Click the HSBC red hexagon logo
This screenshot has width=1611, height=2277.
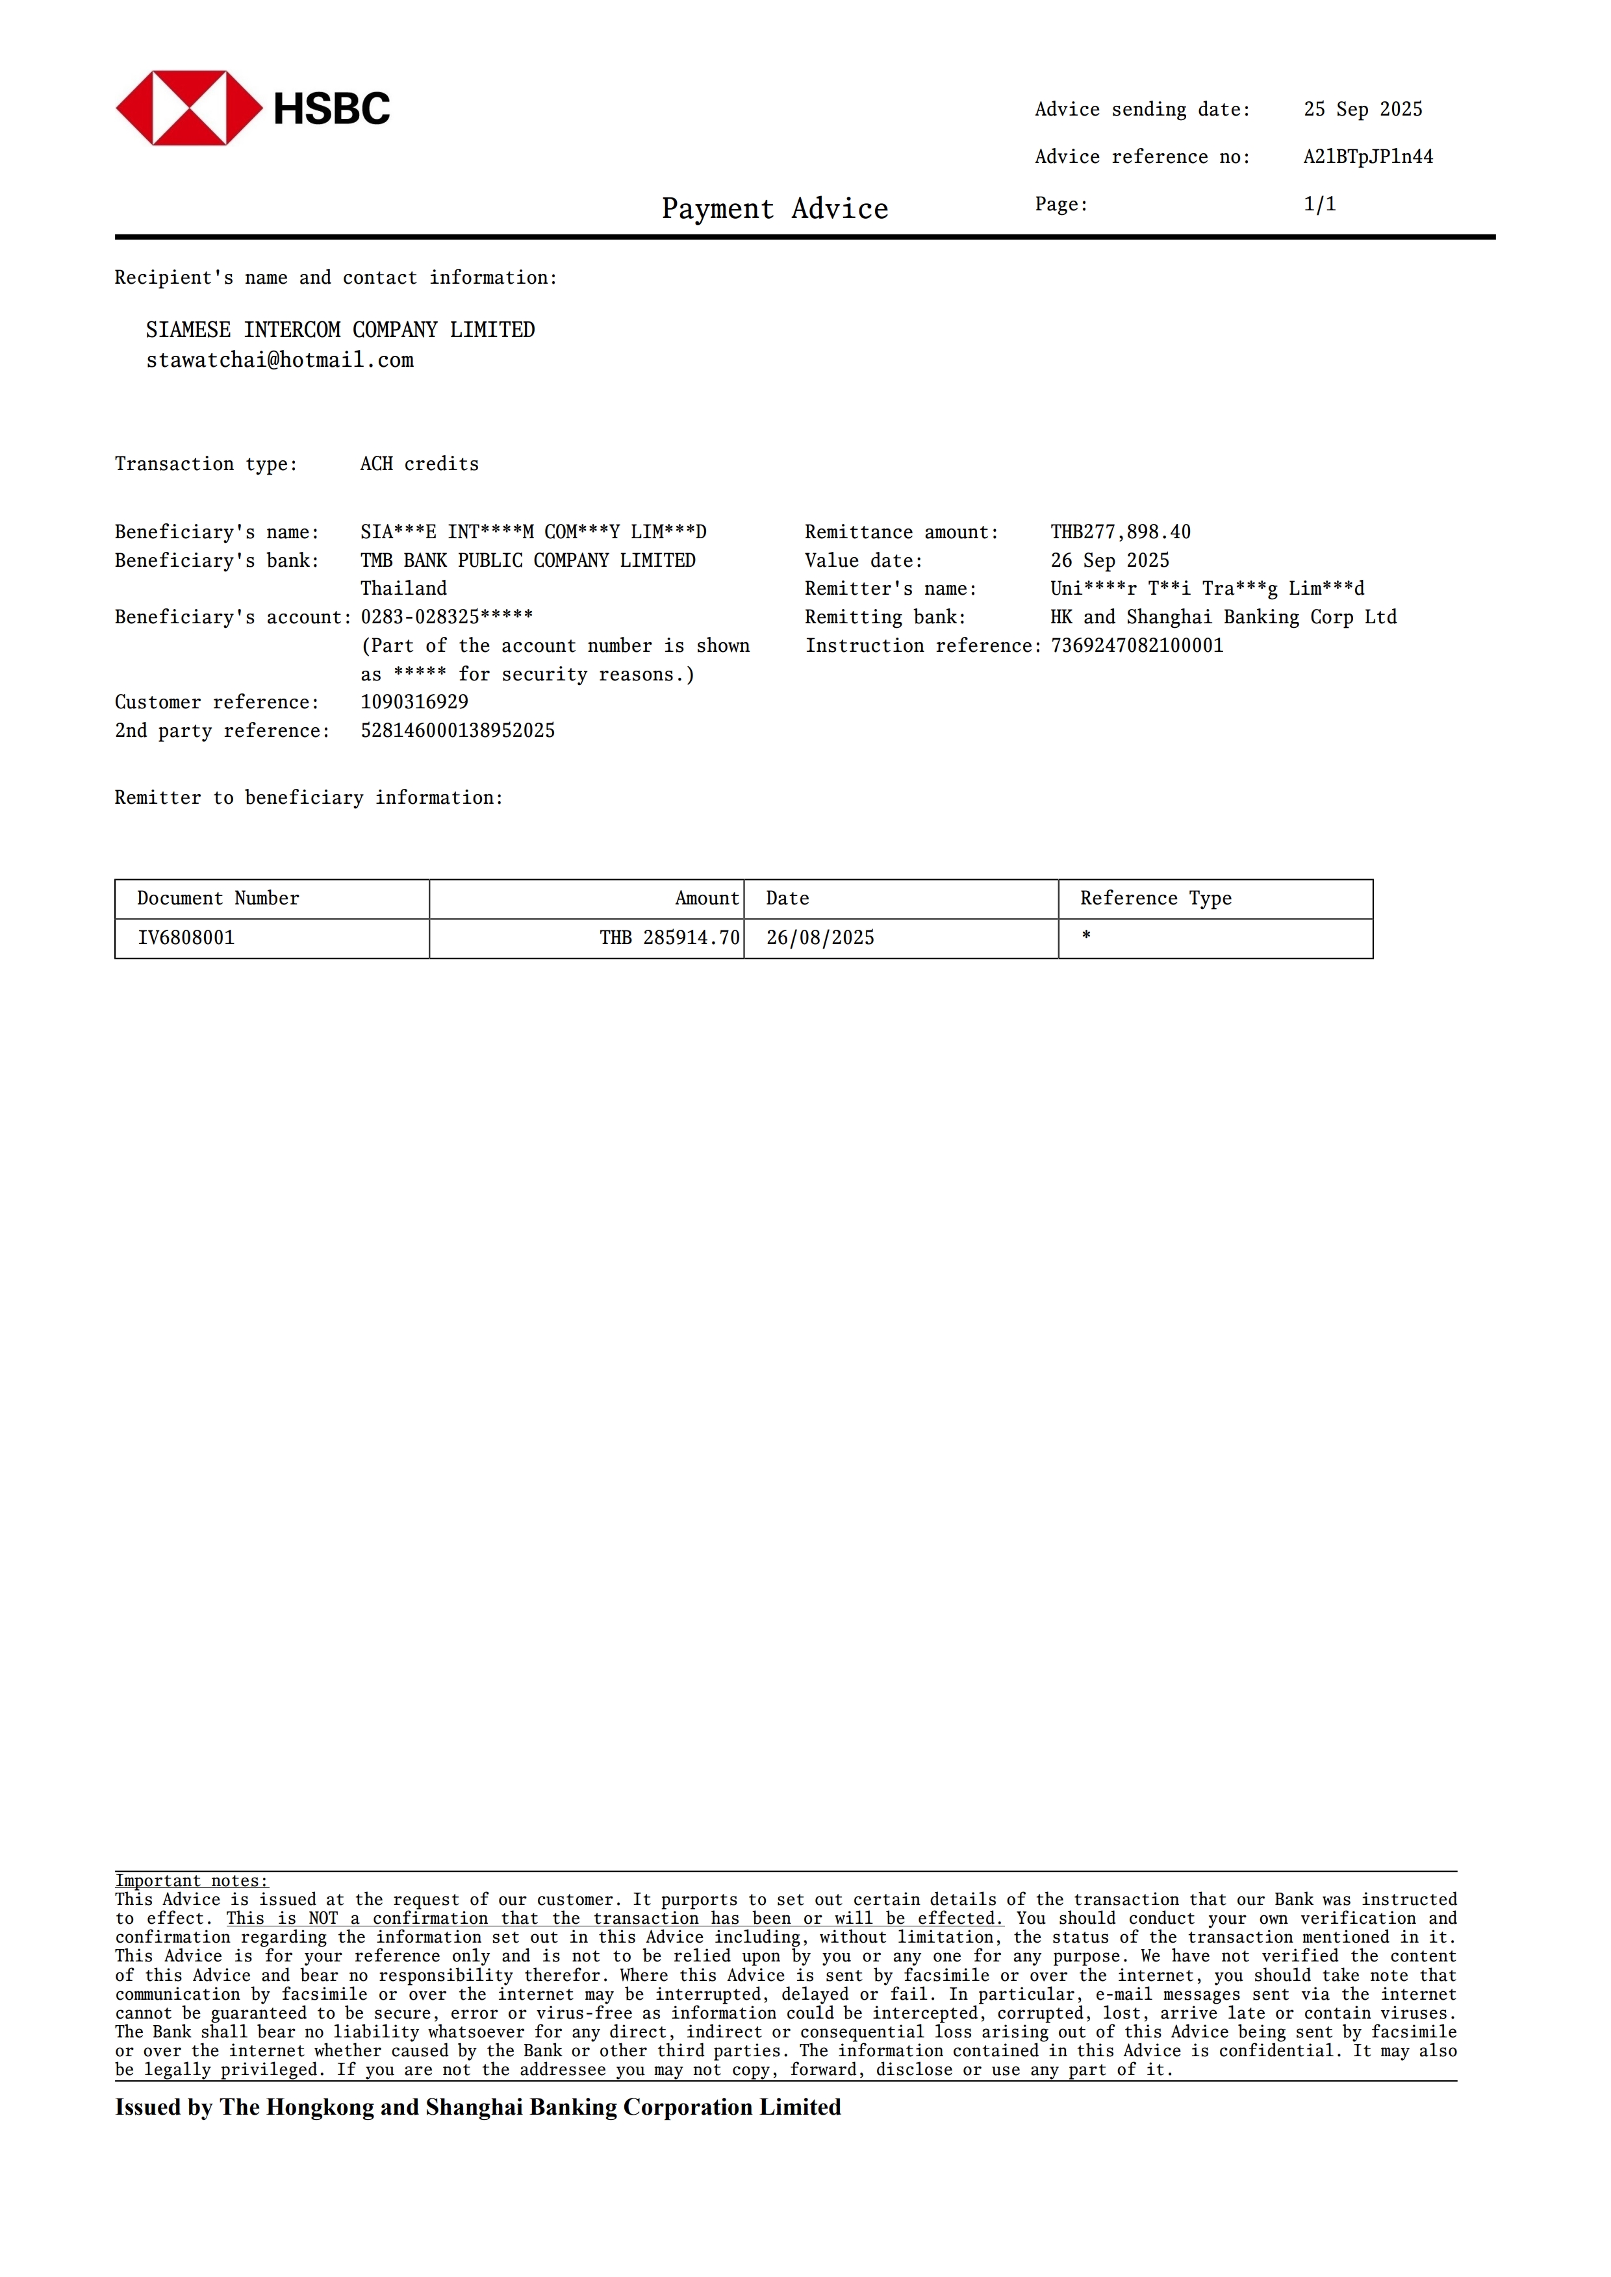click(x=188, y=108)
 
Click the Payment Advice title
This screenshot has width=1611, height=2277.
click(x=775, y=209)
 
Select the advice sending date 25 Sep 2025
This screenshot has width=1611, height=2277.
click(x=1362, y=109)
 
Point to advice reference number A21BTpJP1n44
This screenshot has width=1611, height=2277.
click(x=1367, y=156)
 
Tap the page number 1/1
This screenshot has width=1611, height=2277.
click(x=1319, y=205)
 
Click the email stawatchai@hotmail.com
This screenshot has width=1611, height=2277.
click(x=280, y=360)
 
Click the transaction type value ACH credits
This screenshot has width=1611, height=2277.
click(x=418, y=464)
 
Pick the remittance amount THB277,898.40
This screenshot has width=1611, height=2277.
click(x=1120, y=532)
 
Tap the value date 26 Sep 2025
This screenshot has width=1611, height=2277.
click(x=1109, y=560)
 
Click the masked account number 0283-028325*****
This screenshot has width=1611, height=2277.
click(x=446, y=617)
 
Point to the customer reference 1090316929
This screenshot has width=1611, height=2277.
click(x=414, y=702)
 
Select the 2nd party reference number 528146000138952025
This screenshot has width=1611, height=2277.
click(x=457, y=731)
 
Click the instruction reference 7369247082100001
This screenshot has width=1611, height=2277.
click(x=1137, y=645)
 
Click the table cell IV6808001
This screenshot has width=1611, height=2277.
click(x=186, y=938)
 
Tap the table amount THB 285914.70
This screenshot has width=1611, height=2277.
click(x=670, y=938)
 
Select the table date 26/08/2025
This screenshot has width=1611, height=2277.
click(x=819, y=938)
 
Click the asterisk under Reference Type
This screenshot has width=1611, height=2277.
click(x=1086, y=936)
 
